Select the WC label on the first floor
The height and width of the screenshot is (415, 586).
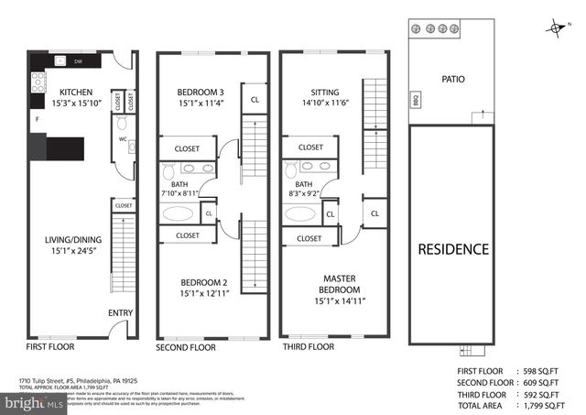click(x=121, y=140)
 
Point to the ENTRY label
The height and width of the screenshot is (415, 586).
click(x=120, y=313)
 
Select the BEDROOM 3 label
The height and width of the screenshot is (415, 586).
click(x=201, y=93)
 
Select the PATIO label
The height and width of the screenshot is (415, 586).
click(x=452, y=79)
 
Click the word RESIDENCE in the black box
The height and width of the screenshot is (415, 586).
click(x=453, y=249)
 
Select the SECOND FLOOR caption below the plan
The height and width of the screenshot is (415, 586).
click(x=186, y=348)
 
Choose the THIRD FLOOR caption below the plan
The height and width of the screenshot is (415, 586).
click(x=309, y=348)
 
